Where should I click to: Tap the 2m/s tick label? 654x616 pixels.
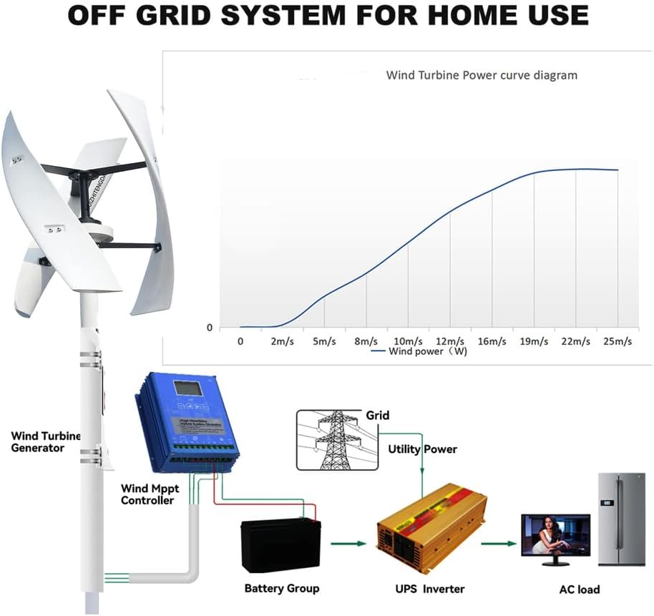(282, 341)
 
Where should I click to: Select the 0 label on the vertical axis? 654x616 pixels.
(210, 328)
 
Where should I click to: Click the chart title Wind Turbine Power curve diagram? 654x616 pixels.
(482, 74)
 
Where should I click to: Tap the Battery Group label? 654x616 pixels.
(282, 588)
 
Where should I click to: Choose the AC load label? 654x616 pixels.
(579, 590)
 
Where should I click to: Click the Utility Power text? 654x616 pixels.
(422, 449)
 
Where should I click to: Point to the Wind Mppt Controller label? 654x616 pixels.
(147, 494)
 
